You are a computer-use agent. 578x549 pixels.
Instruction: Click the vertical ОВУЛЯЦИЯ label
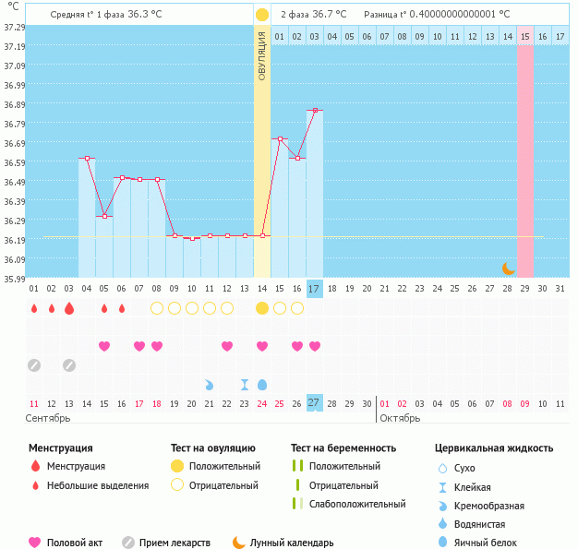[x=262, y=55]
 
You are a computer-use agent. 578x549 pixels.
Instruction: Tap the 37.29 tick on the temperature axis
[x=14, y=28]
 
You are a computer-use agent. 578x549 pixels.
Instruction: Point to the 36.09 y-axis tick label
[x=14, y=260]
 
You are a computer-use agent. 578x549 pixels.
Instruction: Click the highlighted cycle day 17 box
[x=314, y=289]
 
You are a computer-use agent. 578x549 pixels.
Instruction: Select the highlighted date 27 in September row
[x=314, y=403]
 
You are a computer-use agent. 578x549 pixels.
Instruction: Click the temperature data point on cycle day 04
[x=87, y=159]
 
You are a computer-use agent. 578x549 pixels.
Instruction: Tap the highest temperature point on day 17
[x=315, y=111]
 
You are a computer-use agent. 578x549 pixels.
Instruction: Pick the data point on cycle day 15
[x=280, y=139]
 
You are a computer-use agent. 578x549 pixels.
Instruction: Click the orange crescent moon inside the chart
[x=508, y=268]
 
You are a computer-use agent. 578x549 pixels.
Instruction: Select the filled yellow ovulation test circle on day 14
[x=262, y=308]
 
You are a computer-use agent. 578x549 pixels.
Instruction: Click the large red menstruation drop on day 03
[x=69, y=308]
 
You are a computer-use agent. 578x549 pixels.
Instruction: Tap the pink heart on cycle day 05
[x=104, y=346]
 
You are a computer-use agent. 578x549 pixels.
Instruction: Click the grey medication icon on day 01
[x=34, y=365]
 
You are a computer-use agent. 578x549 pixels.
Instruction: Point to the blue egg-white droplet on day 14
[x=262, y=384]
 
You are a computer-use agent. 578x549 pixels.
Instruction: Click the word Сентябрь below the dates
[x=49, y=419]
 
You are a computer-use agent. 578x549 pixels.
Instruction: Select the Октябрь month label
[x=400, y=419]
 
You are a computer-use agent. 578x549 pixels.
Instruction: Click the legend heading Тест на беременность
[x=343, y=448]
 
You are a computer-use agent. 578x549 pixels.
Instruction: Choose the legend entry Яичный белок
[x=492, y=543]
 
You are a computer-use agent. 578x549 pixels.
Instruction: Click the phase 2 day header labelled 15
[x=524, y=36]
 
